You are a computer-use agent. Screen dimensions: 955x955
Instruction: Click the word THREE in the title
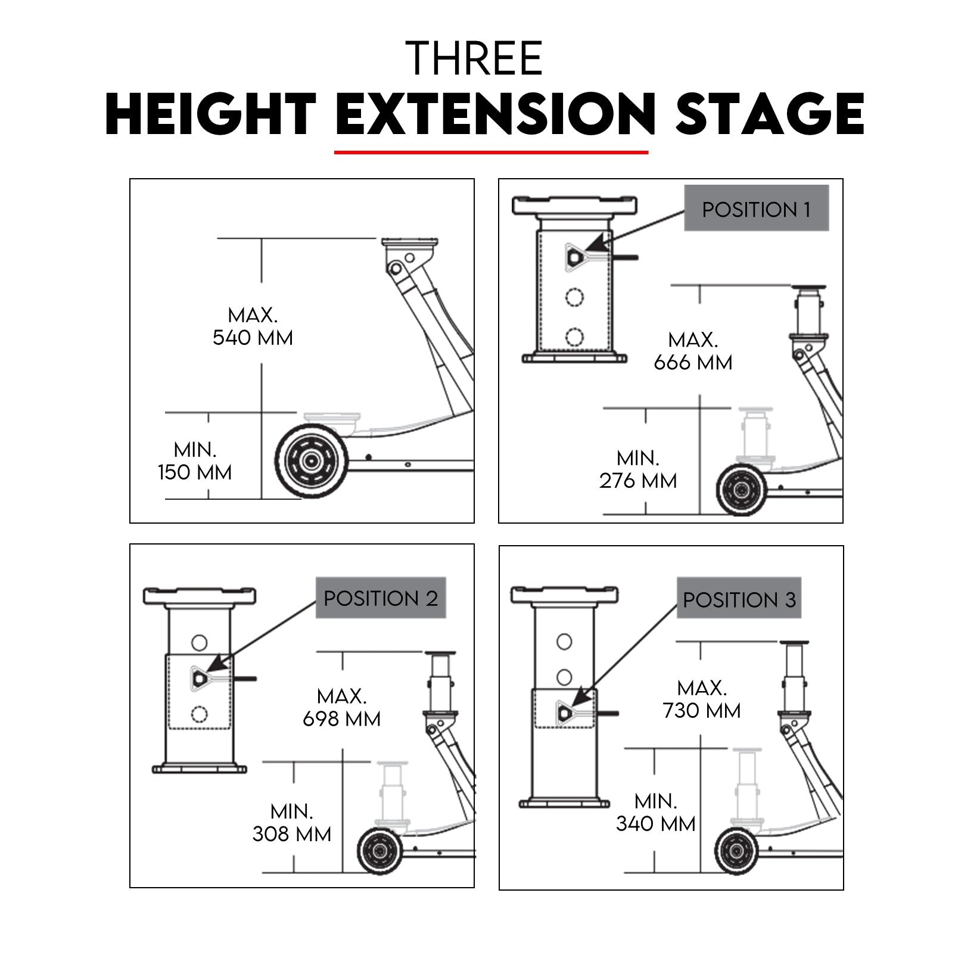coord(474,58)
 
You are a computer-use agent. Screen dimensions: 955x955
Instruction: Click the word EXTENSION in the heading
coord(495,114)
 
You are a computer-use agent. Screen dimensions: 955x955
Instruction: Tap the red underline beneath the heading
coord(491,153)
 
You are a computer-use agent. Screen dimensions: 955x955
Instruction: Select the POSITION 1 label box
coord(756,209)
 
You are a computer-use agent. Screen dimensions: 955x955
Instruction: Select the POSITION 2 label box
coord(381,598)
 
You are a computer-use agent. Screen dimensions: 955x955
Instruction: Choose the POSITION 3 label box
coord(739,599)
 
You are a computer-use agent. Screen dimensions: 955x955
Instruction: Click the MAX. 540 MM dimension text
coord(253,326)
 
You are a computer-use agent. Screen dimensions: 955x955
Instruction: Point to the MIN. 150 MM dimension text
coord(195,461)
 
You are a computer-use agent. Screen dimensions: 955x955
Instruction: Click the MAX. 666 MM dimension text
coord(692,351)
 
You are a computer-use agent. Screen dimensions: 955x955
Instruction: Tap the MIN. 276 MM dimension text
coord(638,469)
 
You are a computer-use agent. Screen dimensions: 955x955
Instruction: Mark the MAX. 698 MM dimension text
coord(342,707)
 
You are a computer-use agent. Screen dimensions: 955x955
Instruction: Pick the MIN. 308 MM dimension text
coord(292,822)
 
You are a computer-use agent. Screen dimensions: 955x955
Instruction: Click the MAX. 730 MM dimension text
coord(702,699)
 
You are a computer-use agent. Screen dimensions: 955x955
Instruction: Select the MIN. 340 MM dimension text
coord(655,812)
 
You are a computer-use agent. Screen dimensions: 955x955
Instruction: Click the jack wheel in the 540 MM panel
coord(310,461)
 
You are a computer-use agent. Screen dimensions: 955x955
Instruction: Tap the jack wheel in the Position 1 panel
coord(742,490)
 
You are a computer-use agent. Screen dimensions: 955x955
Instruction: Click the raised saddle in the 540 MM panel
coord(409,242)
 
